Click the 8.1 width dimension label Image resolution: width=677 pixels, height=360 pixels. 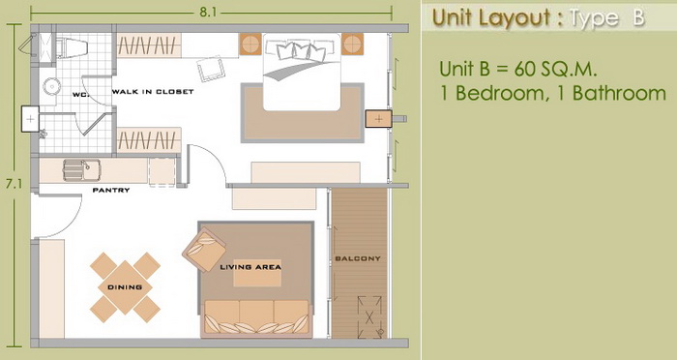[208, 13]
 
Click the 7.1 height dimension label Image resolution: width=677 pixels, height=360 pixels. [14, 184]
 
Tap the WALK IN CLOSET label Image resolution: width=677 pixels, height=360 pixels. [153, 92]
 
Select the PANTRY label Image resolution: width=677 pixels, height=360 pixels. [111, 190]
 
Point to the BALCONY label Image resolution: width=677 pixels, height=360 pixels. [358, 258]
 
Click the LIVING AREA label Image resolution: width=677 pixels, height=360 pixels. [250, 267]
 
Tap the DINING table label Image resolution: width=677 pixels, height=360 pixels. [125, 287]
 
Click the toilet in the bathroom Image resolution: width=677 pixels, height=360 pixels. [73, 45]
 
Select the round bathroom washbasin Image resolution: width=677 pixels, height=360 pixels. [51, 86]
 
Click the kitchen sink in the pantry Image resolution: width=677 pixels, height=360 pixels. [81, 170]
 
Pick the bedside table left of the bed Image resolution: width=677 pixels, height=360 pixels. [250, 45]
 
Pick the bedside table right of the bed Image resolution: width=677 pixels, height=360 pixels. [352, 45]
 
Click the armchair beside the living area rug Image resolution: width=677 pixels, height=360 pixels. [204, 250]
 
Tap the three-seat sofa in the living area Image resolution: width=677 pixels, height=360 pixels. [256, 318]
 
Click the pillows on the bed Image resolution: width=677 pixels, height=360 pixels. [300, 49]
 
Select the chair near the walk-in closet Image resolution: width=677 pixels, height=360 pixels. [211, 69]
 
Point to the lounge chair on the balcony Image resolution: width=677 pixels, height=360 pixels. [369, 317]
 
